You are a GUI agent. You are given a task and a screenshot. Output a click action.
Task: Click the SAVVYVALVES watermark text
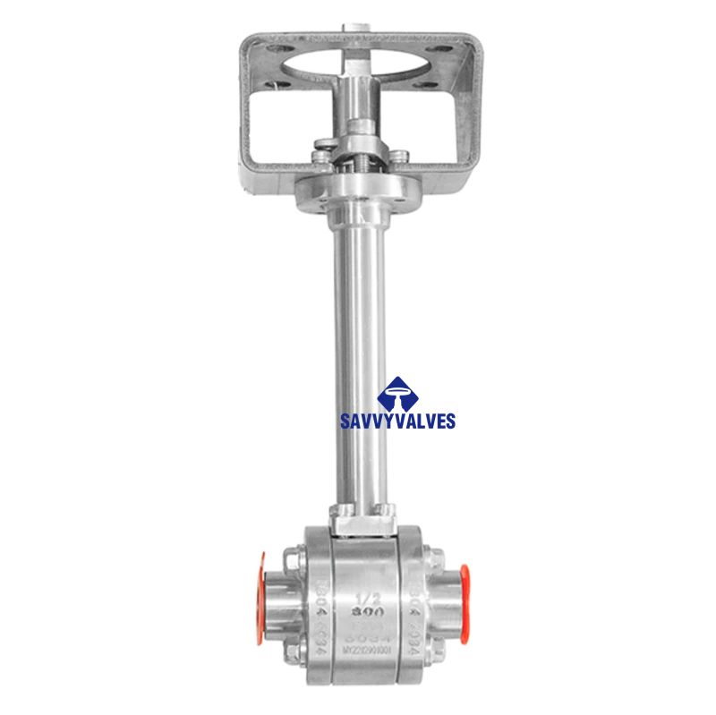[398, 420]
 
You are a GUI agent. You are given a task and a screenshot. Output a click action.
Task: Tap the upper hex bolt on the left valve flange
[293, 563]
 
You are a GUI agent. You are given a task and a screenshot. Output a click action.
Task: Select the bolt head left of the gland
[321, 146]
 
